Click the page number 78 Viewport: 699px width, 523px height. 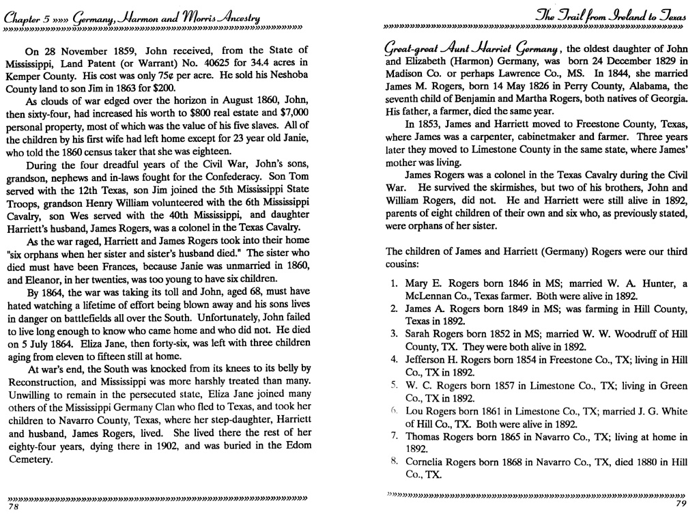12,507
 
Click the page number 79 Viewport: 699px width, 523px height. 679,504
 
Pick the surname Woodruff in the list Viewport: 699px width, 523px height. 628,334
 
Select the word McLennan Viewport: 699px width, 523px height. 429,296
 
